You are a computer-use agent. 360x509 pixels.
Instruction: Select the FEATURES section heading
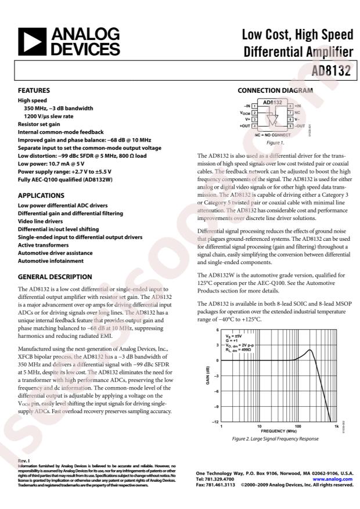coord(34,91)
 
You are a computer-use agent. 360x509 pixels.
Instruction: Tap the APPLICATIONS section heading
coord(41,196)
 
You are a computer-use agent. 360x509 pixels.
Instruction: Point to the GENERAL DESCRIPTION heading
coord(55,277)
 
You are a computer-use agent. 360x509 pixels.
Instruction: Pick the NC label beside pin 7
coord(298,112)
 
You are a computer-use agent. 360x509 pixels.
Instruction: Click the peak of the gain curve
coord(311,350)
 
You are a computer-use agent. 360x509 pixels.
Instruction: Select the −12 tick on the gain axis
coord(215,421)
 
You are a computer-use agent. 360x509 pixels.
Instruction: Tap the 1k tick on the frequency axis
coord(336,426)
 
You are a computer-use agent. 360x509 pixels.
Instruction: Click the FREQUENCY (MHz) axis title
coord(279,431)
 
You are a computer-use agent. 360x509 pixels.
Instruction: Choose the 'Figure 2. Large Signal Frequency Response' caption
coord(275,439)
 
